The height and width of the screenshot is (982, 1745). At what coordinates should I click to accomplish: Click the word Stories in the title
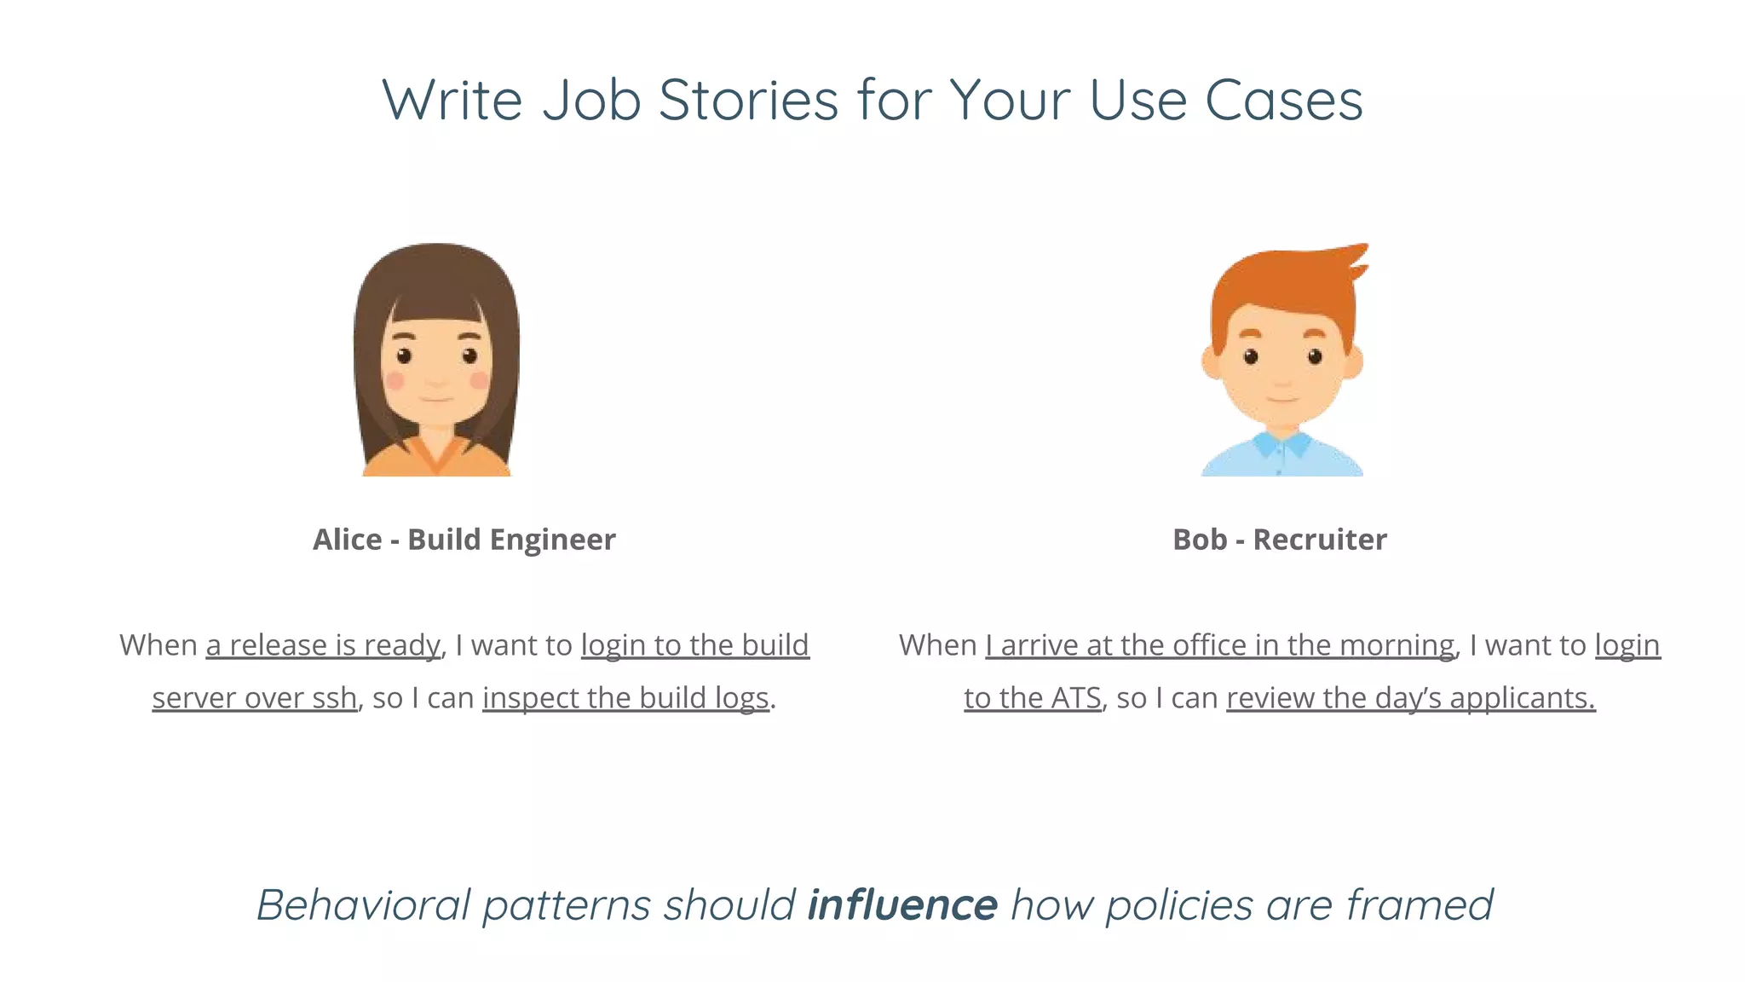coord(749,101)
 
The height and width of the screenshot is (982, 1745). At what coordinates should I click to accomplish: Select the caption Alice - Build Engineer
coord(464,540)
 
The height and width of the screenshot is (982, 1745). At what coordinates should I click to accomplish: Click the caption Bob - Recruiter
coord(1279,540)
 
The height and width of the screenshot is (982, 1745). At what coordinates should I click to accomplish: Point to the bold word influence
coord(902,904)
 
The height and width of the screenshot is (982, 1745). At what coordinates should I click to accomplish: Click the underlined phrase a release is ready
coord(323,645)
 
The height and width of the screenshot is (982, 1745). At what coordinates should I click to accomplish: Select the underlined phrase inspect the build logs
coord(625,698)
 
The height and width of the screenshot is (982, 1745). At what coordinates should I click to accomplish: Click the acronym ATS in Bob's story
coord(1076,698)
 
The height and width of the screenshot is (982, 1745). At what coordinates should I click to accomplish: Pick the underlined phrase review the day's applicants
coord(1410,698)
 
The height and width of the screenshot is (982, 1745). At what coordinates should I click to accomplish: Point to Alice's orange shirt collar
coord(436,455)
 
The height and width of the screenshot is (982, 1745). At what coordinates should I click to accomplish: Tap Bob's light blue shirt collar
coord(1282,445)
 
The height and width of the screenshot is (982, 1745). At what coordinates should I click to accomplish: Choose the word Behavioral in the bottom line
coord(364,904)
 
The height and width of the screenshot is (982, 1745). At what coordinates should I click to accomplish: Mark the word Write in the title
coord(452,101)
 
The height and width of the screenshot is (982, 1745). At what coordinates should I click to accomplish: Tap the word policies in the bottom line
coord(1179,904)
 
